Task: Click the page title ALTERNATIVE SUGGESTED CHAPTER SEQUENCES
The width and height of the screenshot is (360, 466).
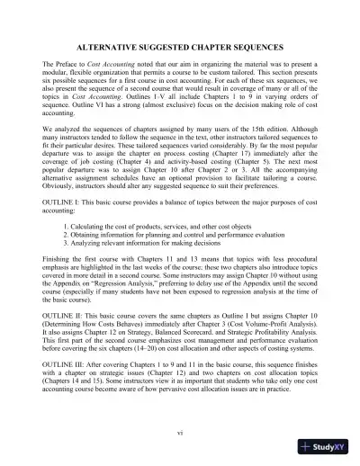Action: coord(180,44)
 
